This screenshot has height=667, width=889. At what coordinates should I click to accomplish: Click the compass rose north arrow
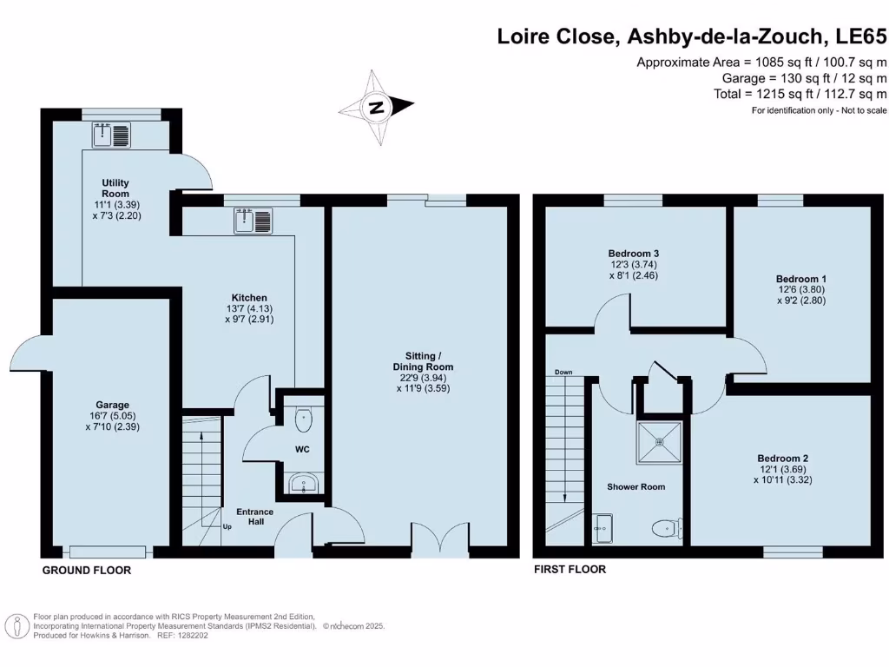[x=377, y=107]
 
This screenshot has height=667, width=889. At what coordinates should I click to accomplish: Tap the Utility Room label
[x=115, y=188]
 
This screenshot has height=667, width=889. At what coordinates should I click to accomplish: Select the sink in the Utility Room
[x=112, y=135]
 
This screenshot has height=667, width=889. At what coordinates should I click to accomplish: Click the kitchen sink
[x=254, y=221]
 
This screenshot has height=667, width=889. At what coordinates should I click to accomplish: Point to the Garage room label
[x=112, y=405]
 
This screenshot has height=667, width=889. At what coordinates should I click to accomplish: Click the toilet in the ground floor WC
[x=304, y=419]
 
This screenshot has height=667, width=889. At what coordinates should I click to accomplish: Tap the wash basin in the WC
[x=304, y=485]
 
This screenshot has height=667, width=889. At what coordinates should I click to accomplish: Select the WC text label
[x=302, y=450]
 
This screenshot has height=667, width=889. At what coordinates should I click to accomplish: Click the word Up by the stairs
[x=227, y=527]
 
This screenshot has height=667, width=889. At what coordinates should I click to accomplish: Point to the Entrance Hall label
[x=255, y=517]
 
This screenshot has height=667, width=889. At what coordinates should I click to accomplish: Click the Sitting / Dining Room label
[x=423, y=361]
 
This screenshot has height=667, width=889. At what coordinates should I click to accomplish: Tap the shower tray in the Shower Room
[x=660, y=442]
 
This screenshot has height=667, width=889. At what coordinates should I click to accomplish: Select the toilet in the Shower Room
[x=668, y=529]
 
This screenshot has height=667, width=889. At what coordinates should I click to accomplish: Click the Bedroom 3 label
[x=633, y=254]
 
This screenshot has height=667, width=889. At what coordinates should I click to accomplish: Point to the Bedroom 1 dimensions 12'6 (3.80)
[x=801, y=289]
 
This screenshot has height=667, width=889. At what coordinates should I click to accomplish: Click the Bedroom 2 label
[x=783, y=459]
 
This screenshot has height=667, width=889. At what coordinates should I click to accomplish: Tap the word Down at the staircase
[x=563, y=372]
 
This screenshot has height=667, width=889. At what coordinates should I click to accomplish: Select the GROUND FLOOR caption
[x=87, y=571]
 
